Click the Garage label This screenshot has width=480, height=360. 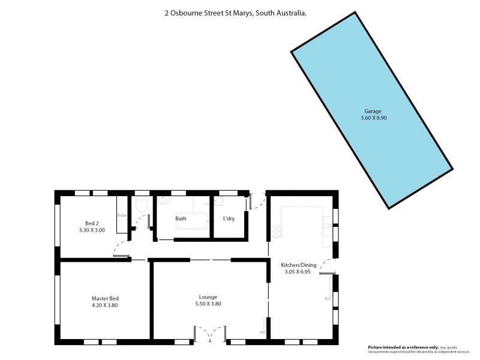373,111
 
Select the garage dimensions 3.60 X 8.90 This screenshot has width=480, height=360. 373,118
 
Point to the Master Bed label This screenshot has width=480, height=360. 104,298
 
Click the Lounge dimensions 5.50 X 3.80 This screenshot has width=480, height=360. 208,304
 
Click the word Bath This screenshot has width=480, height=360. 181,218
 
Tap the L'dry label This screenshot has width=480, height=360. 228,218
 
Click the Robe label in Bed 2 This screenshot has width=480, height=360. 122,215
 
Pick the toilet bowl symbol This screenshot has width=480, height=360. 142,205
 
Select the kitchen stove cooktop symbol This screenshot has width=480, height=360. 276,230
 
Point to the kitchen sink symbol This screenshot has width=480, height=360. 327,226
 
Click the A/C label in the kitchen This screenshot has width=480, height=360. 328,298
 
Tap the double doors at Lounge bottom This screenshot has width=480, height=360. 209,334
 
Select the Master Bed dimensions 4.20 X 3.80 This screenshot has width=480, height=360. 104,305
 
